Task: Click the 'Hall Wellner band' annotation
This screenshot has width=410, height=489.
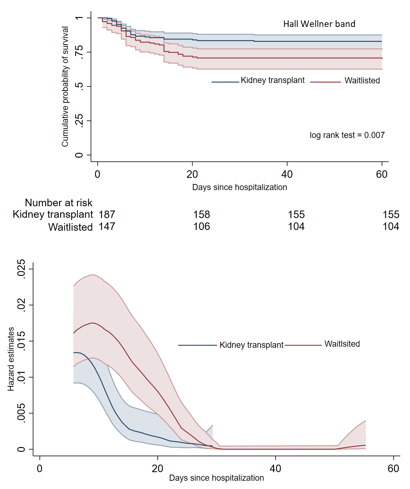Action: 319,24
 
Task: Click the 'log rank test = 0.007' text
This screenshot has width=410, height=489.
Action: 347,135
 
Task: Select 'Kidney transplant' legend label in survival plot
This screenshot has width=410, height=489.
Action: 272,80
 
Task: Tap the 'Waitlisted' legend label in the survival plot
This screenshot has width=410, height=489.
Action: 362,80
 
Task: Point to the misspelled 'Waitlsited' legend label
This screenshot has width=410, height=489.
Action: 342,344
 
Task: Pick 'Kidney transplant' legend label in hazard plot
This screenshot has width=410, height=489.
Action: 252,345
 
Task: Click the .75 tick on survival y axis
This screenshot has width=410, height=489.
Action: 79,52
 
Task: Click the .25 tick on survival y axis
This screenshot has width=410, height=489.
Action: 79,121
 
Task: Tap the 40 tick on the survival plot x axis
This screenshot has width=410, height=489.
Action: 287,175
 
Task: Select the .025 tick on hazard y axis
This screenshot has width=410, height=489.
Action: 22,268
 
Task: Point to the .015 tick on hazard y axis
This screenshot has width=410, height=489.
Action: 22,341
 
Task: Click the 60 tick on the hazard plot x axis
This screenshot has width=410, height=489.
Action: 393,469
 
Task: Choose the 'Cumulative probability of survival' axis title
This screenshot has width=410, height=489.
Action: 65,87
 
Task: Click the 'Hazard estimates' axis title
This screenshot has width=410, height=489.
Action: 11,359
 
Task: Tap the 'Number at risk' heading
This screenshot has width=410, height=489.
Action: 59,203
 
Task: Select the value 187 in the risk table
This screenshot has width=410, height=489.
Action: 107,214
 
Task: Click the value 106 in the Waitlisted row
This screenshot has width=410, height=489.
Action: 202,226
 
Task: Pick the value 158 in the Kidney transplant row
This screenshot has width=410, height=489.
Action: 202,214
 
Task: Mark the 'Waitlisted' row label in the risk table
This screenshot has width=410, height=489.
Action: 70,227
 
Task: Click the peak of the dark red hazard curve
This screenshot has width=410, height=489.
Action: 93,323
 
